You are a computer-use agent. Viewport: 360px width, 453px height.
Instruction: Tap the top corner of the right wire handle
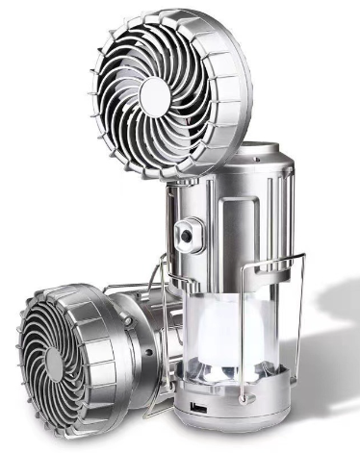tap(301, 257)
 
